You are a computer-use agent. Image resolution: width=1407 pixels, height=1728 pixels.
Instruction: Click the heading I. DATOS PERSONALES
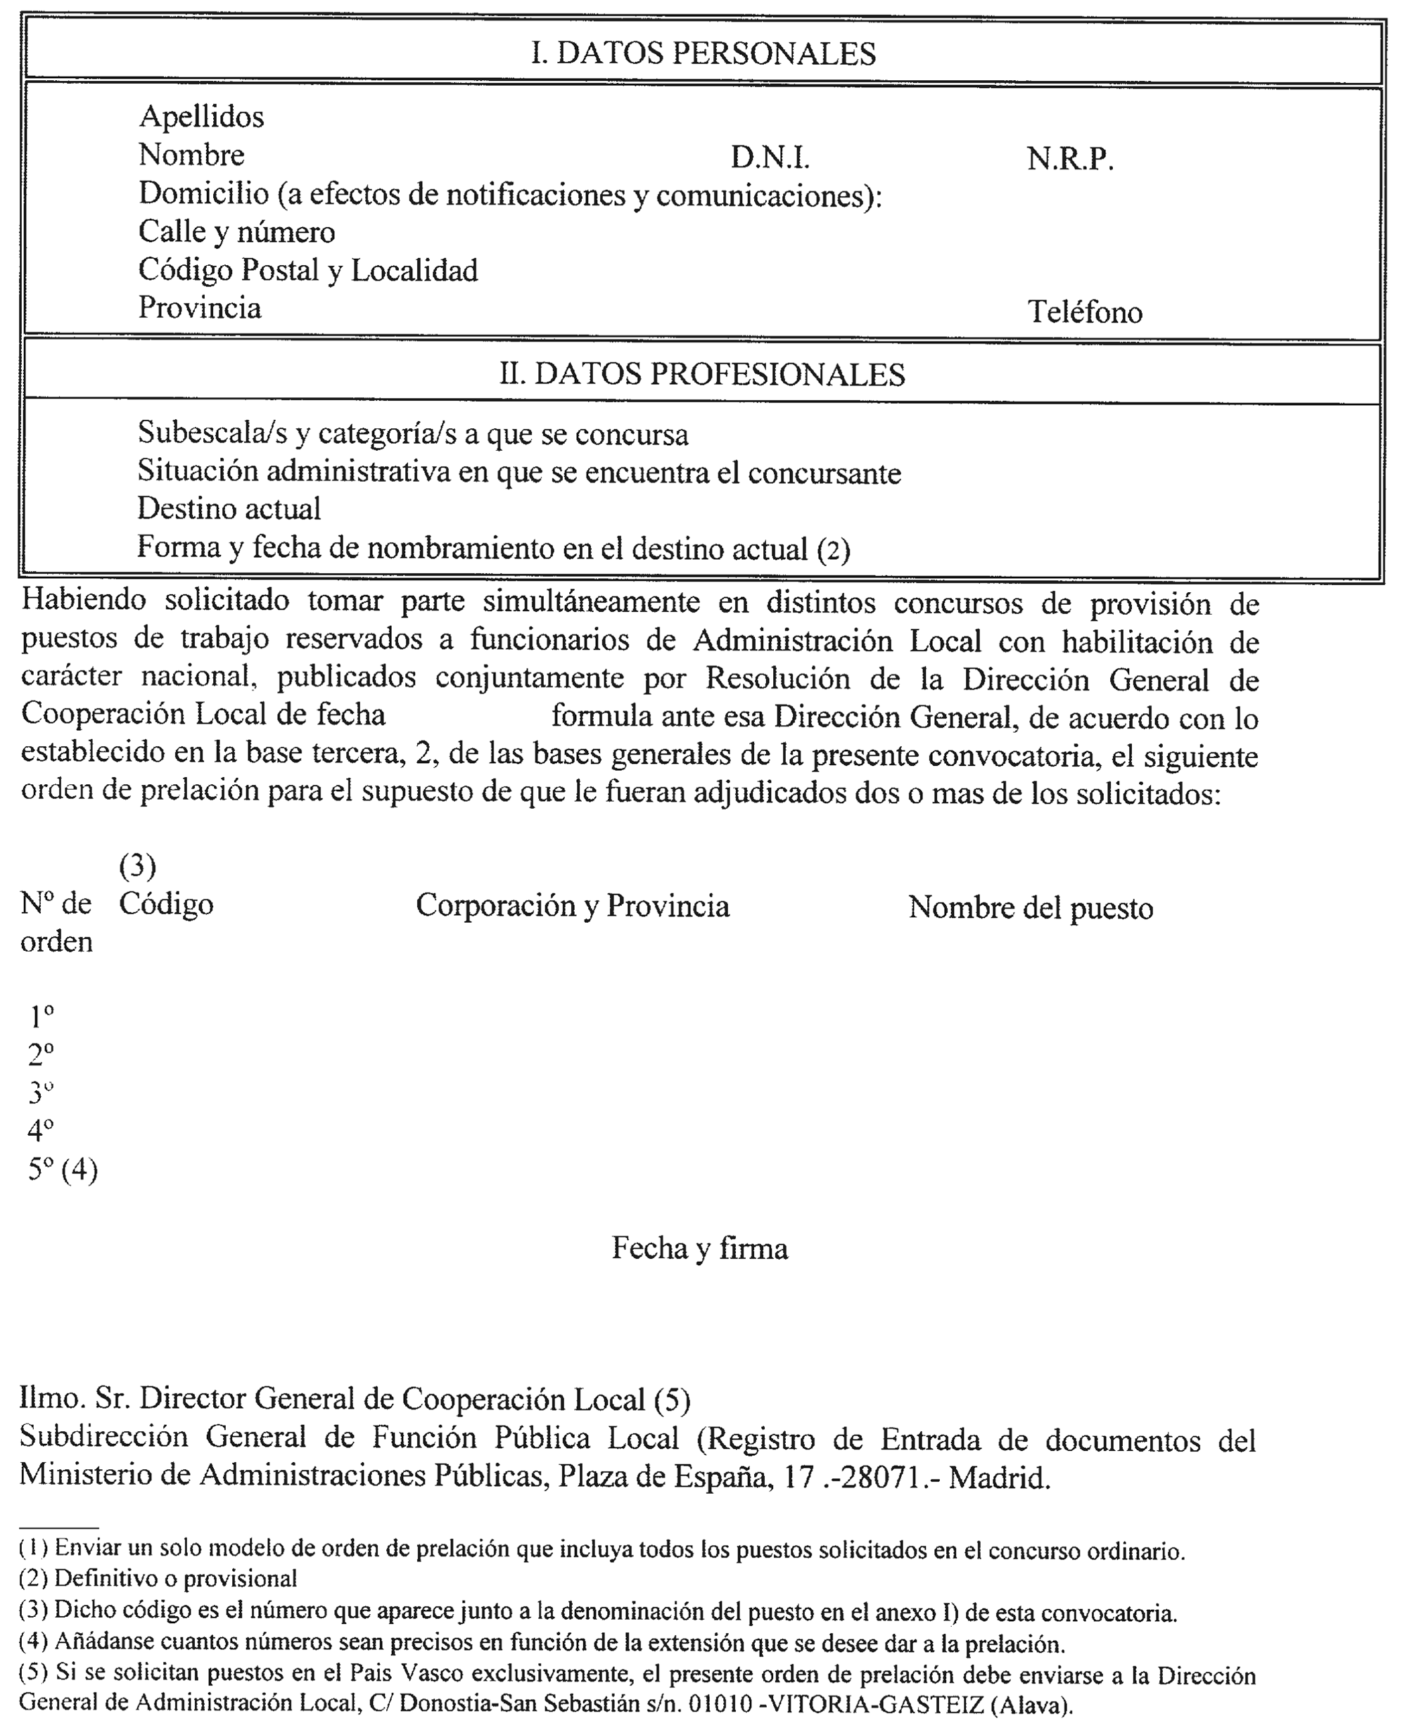pyautogui.click(x=703, y=53)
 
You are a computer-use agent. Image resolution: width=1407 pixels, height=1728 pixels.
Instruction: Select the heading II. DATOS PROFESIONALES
pyautogui.click(x=702, y=374)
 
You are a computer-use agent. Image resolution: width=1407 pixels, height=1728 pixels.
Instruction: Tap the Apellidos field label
pyautogui.click(x=201, y=117)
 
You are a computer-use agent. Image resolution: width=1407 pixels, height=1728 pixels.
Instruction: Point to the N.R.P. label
pyautogui.click(x=1070, y=159)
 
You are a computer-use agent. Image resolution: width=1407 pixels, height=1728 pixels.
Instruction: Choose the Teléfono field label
pyautogui.click(x=1084, y=312)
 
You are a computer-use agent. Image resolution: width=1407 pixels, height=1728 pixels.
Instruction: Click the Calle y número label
pyautogui.click(x=236, y=233)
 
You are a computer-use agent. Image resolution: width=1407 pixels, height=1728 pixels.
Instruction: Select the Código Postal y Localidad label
pyautogui.click(x=308, y=271)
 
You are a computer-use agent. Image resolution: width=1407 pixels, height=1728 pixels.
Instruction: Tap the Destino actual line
pyautogui.click(x=229, y=508)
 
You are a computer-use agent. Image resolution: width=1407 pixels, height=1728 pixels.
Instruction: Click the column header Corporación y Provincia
pyautogui.click(x=572, y=906)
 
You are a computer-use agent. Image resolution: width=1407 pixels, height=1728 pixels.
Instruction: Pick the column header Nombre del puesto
pyautogui.click(x=1030, y=907)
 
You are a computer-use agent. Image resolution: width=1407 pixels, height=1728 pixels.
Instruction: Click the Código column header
pyautogui.click(x=166, y=904)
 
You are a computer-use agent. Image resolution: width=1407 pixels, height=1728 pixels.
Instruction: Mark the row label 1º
pyautogui.click(x=42, y=1016)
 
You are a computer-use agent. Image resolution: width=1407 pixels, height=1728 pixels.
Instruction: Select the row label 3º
pyautogui.click(x=41, y=1092)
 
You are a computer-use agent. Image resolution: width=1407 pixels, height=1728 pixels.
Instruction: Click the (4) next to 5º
pyautogui.click(x=79, y=1170)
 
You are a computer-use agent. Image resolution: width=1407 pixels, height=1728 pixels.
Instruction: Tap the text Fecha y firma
pyautogui.click(x=699, y=1248)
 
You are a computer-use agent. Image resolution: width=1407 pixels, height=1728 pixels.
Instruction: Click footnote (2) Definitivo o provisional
pyautogui.click(x=158, y=1578)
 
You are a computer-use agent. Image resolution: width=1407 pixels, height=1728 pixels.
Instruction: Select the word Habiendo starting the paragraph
pyautogui.click(x=84, y=601)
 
